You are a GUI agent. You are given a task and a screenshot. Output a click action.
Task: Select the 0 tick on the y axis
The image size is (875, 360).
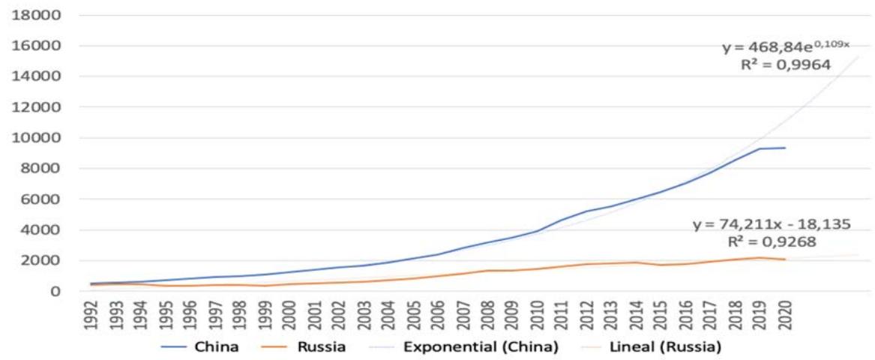point(53,291)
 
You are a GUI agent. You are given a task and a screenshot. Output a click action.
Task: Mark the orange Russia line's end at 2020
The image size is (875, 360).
point(785,259)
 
